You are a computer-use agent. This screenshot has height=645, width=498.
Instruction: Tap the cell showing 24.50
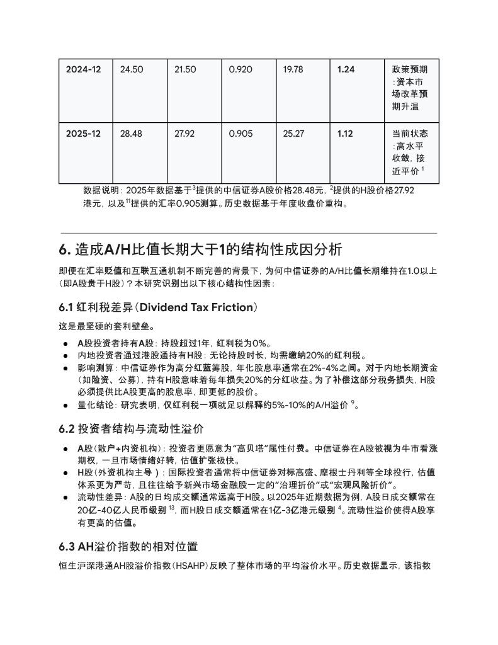(132, 69)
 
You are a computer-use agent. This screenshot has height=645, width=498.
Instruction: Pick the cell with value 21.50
(186, 69)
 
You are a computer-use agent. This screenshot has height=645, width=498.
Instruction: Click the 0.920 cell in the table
(241, 69)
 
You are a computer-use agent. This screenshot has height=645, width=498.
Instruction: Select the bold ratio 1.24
(346, 69)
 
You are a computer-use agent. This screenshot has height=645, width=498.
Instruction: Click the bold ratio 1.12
(345, 134)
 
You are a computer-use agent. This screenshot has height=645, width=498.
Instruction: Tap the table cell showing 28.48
(132, 134)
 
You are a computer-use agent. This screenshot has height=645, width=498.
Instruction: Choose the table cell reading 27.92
(186, 134)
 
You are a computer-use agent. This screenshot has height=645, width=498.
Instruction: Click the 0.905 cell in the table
(241, 134)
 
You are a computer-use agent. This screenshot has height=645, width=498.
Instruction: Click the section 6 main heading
(200, 249)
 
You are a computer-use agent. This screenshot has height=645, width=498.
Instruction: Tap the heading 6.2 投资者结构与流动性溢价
(131, 429)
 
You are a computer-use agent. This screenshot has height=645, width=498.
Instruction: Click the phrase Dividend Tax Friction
(195, 307)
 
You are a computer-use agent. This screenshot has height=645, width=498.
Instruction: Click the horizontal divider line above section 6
(249, 233)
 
